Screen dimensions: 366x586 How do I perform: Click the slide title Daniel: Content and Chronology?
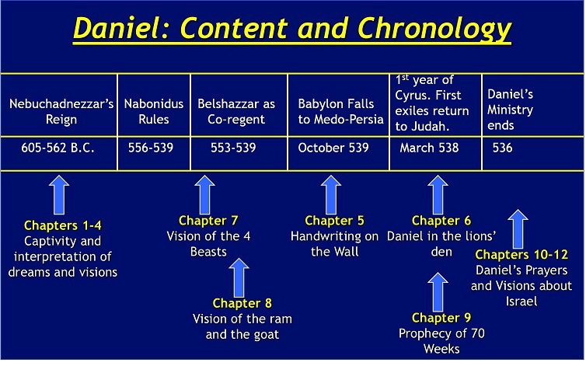292,30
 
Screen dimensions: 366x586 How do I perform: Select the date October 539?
333,148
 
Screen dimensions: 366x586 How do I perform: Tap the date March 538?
429,148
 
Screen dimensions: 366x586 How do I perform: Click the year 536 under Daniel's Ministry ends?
503,148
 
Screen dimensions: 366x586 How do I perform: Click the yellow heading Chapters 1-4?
62,225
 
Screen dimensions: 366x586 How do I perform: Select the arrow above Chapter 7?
204,193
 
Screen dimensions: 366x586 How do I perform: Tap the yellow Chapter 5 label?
334,221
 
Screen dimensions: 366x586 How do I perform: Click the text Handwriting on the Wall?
334,243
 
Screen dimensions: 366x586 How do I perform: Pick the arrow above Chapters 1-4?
59,196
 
